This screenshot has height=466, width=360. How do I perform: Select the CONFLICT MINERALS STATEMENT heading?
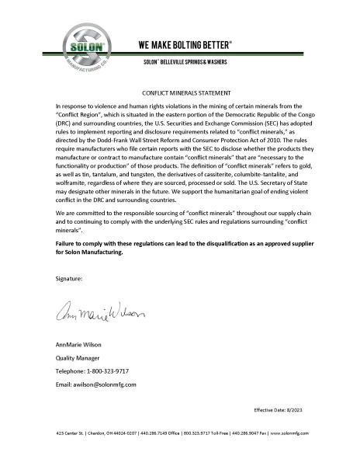point(180,91)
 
